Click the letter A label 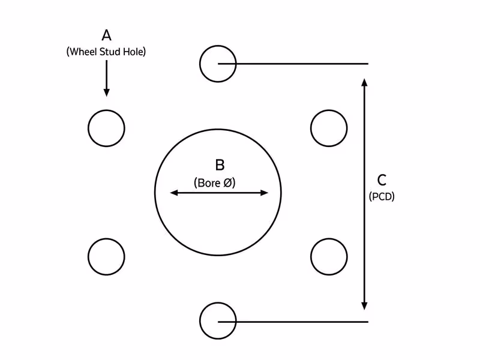(106, 35)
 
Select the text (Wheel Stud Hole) (106, 52)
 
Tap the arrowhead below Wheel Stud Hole (107, 92)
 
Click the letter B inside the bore (220, 164)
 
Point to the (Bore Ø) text (215, 183)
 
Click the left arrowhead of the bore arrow (174, 193)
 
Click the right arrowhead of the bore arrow (264, 193)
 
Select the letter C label (382, 180)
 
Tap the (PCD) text (382, 196)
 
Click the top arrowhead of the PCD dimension (364, 82)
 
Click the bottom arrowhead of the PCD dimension (364, 306)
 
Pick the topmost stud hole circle (200, 64)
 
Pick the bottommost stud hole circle (200, 321)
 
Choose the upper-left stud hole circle (88, 128)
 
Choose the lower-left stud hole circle (88, 257)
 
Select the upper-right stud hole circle (311, 128)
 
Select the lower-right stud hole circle (311, 257)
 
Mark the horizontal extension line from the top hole (293, 64)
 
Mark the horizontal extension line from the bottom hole (293, 322)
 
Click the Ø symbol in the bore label (228, 183)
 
